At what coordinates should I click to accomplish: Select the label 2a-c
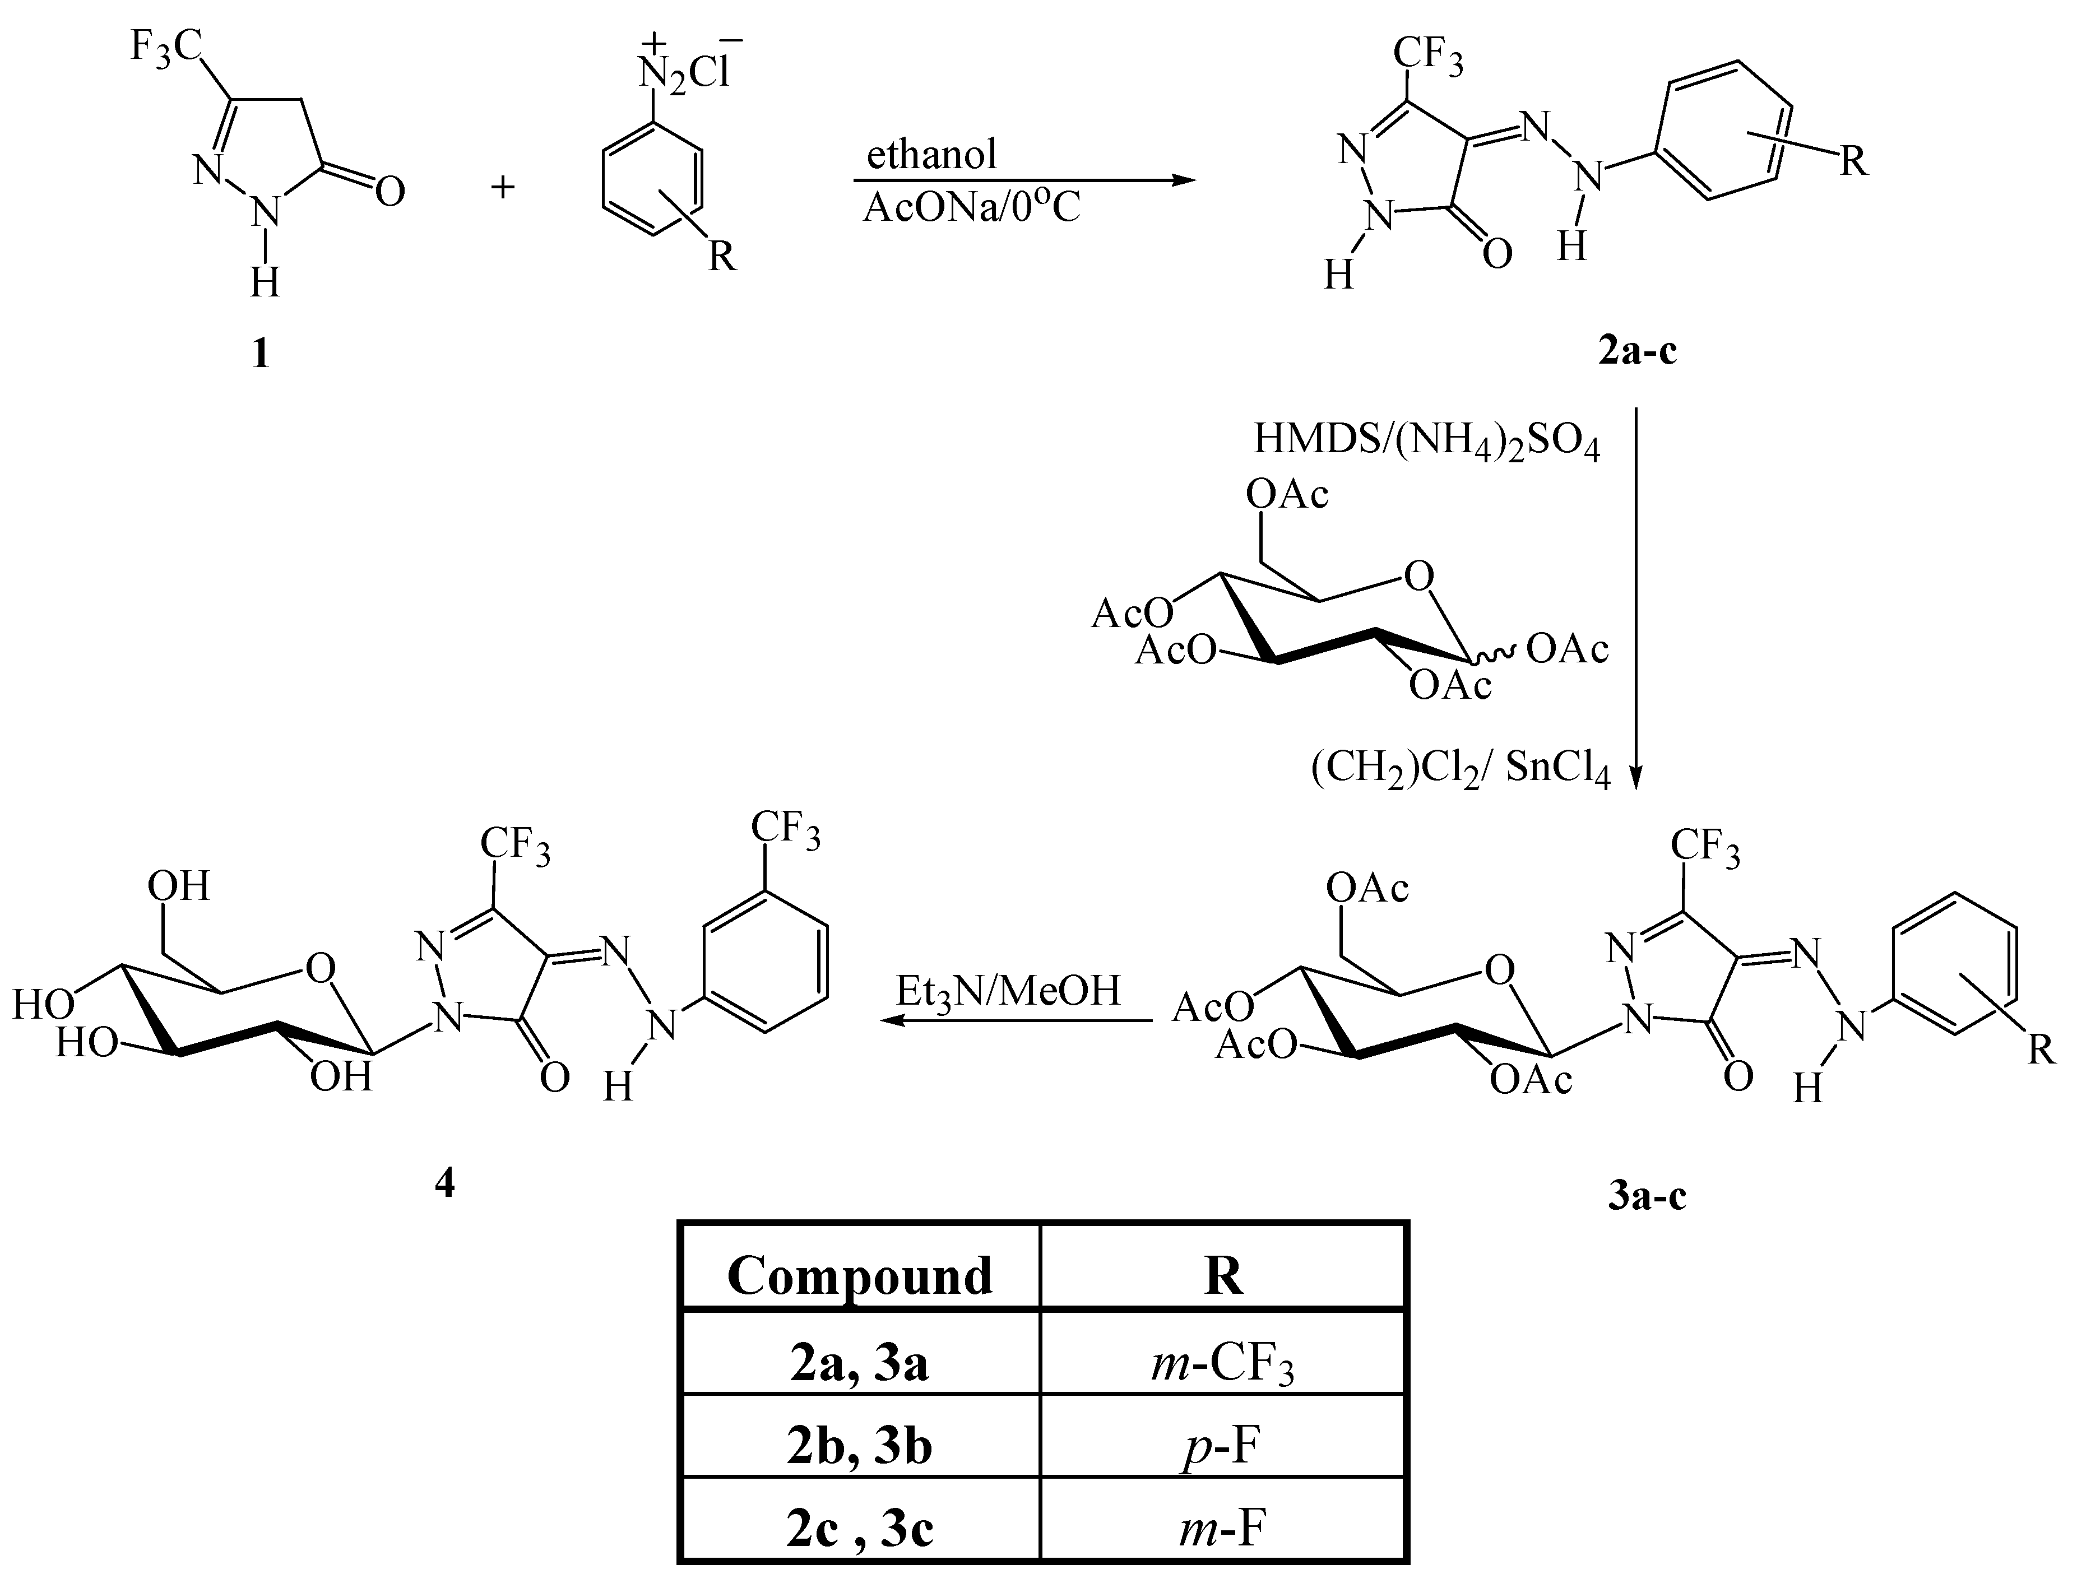[x=1638, y=351]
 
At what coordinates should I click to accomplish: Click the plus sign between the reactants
[x=503, y=187]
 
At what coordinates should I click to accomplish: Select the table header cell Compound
[x=859, y=1275]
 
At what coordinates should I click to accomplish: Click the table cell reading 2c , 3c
[x=859, y=1529]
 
